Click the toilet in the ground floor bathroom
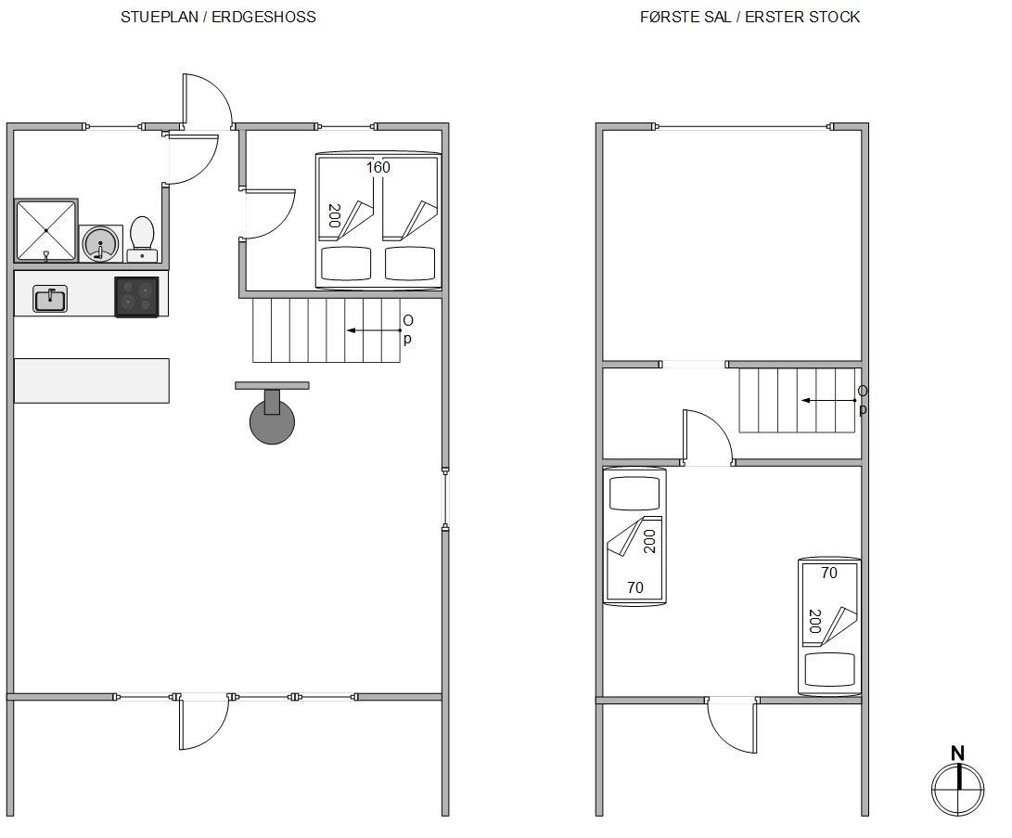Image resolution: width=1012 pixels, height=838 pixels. click(x=142, y=239)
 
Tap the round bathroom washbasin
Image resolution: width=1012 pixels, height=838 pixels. click(x=101, y=243)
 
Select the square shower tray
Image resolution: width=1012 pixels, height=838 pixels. click(x=45, y=230)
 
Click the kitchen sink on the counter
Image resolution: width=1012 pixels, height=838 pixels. click(x=50, y=299)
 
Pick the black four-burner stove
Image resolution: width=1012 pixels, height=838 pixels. click(x=137, y=297)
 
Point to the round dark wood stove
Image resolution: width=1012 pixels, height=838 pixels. click(x=273, y=421)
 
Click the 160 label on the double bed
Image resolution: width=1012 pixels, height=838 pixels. click(x=378, y=168)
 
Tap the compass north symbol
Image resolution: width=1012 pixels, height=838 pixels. click(x=958, y=789)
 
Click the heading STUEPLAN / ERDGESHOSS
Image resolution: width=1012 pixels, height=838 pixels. click(x=218, y=18)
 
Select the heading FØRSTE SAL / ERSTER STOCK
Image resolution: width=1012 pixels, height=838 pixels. click(x=750, y=18)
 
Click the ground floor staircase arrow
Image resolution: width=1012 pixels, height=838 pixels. click(x=375, y=330)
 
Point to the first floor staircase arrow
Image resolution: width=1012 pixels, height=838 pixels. click(x=829, y=400)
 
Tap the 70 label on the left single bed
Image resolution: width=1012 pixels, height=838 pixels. click(x=635, y=587)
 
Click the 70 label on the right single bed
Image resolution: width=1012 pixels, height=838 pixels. click(x=829, y=573)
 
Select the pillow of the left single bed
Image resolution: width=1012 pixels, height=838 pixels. click(x=635, y=494)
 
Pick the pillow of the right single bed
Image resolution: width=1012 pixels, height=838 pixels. click(x=830, y=669)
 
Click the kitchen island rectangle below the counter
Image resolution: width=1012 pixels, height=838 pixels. click(x=92, y=380)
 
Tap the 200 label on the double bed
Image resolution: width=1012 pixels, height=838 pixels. click(x=334, y=215)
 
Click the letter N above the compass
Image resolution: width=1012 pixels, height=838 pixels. click(x=958, y=754)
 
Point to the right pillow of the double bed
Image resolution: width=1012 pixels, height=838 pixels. click(x=410, y=264)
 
